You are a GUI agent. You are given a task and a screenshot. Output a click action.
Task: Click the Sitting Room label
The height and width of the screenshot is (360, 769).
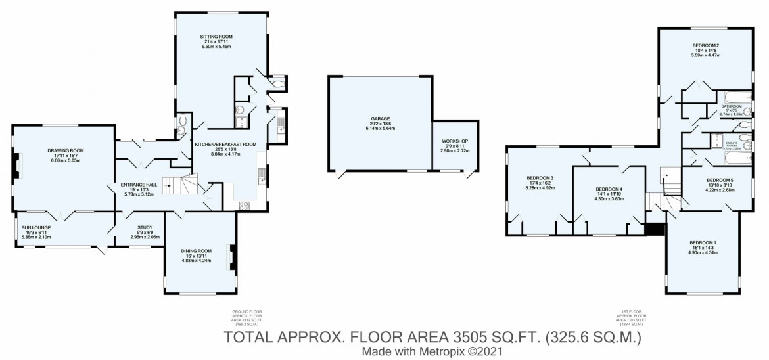pos(216,36)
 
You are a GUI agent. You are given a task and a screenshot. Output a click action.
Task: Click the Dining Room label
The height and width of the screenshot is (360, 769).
pos(197,250)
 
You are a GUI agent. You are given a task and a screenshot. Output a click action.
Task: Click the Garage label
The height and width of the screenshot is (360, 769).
pos(380,119)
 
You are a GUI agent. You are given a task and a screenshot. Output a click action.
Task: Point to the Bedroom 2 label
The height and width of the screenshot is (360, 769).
pos(706,45)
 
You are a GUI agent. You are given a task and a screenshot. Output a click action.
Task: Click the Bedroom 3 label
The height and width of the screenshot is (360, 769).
pos(540,178)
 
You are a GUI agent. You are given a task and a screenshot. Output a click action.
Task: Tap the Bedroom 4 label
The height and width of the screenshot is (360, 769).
pos(609,189)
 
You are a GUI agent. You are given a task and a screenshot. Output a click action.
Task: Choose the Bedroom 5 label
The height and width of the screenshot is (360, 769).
pos(720,179)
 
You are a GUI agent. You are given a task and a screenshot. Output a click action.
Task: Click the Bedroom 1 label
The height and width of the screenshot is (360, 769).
pos(701,242)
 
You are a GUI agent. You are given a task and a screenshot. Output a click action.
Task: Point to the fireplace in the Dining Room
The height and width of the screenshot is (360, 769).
pos(231,256)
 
